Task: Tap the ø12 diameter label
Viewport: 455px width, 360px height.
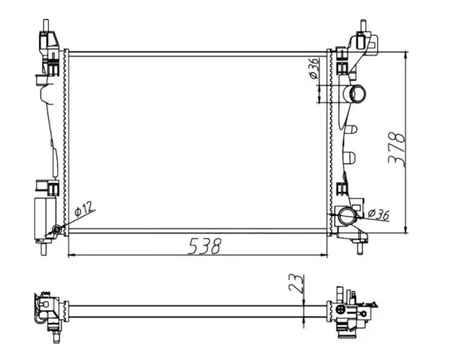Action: pyautogui.click(x=83, y=211)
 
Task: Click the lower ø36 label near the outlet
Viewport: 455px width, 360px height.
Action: pyautogui.click(x=377, y=215)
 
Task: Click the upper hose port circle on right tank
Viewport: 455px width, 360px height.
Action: pyautogui.click(x=357, y=93)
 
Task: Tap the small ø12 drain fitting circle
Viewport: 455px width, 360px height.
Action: pyautogui.click(x=55, y=230)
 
